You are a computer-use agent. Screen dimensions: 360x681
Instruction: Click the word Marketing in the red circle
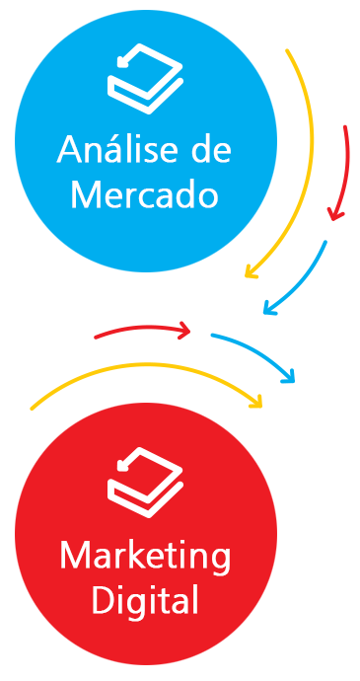point(145,558)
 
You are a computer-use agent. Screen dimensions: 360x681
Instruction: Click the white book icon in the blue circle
point(145,79)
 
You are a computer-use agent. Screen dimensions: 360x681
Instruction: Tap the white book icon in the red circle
point(145,482)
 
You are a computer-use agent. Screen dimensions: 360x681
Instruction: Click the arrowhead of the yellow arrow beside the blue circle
point(250,272)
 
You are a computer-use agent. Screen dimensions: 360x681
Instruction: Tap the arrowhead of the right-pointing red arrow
point(185,331)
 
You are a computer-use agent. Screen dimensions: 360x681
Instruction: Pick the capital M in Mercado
point(84,194)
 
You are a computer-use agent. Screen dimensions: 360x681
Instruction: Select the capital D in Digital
point(104,599)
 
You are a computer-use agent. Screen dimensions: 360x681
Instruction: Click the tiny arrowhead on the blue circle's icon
point(123,61)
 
